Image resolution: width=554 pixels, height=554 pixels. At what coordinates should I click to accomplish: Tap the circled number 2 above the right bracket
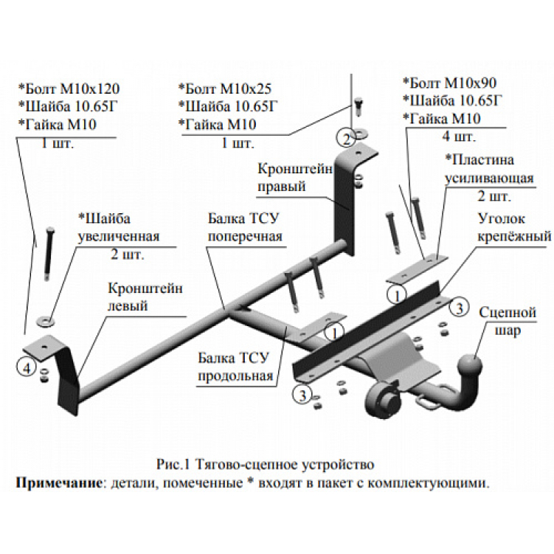point(345,137)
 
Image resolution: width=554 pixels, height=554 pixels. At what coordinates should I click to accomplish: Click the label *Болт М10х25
point(226,88)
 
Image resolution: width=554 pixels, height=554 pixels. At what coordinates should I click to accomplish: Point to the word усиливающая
point(477,178)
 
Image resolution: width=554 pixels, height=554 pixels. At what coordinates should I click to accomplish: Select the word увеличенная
point(119,237)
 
